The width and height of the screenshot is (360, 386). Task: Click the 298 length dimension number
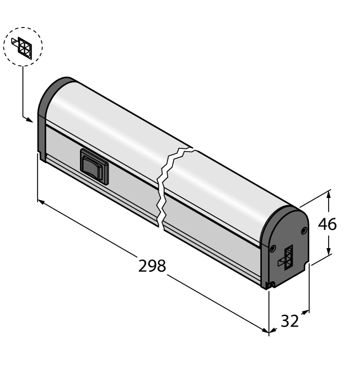[152, 266]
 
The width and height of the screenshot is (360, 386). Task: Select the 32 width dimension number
[289, 321]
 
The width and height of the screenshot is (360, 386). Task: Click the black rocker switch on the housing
[94, 166]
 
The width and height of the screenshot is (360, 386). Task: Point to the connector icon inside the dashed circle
[23, 46]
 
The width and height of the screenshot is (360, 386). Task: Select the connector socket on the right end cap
[288, 256]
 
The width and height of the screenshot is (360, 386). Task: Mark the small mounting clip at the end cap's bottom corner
[268, 285]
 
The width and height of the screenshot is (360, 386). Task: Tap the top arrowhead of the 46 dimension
[329, 194]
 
